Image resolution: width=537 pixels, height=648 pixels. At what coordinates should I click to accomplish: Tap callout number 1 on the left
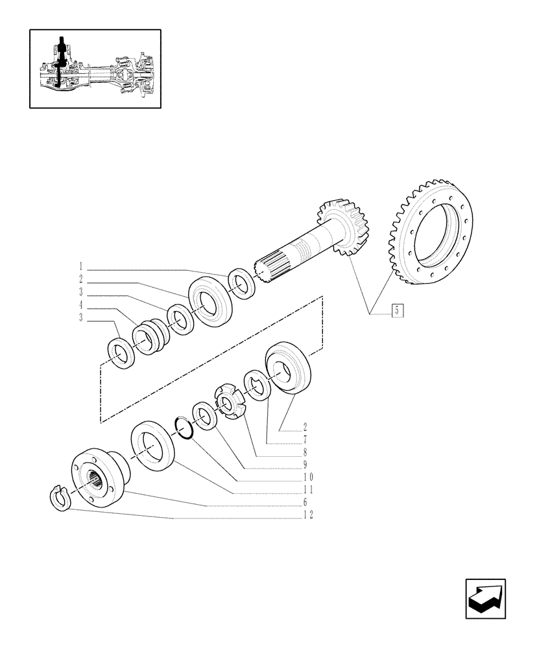80,266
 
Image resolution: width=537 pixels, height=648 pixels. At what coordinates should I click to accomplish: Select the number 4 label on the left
80,304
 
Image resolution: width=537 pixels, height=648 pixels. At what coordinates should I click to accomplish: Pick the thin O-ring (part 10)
184,428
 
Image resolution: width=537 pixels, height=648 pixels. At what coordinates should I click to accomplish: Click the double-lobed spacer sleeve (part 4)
150,336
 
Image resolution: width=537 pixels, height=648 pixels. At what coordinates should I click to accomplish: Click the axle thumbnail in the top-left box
95,68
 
